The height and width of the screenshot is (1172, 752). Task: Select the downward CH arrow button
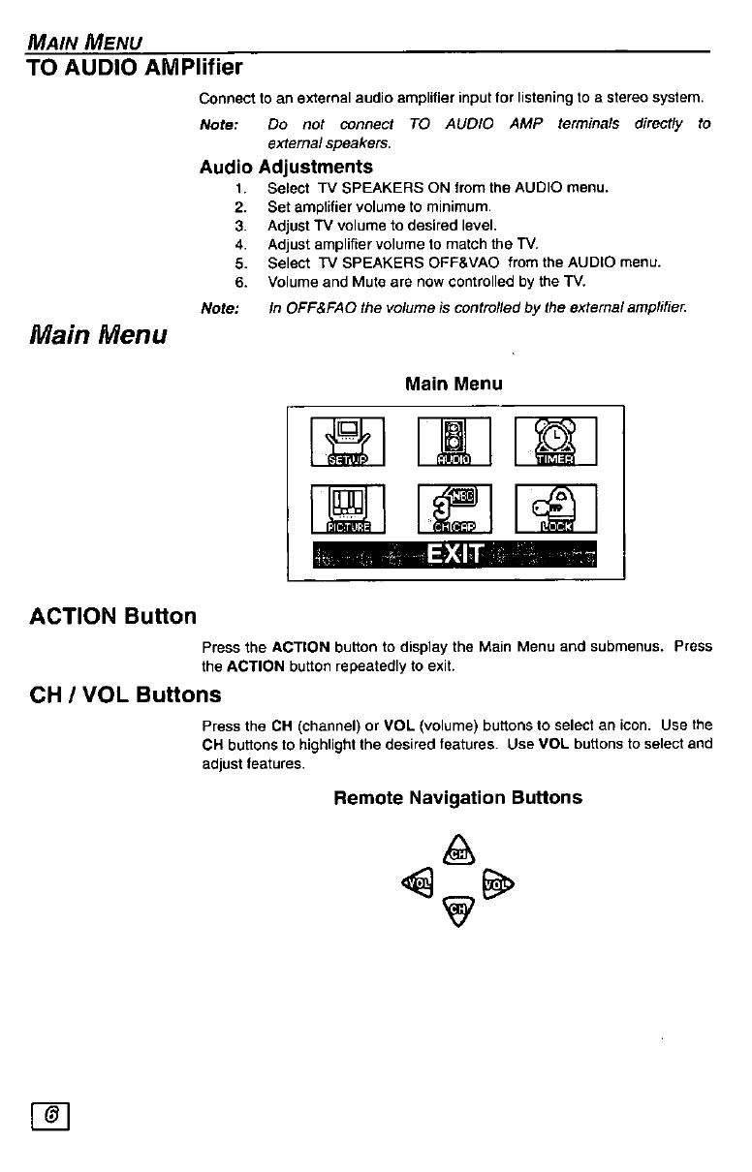point(456,908)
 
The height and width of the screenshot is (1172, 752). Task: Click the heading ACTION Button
point(112,616)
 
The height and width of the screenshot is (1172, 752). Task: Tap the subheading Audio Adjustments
point(286,167)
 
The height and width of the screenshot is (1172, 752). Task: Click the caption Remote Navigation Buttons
point(457,798)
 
